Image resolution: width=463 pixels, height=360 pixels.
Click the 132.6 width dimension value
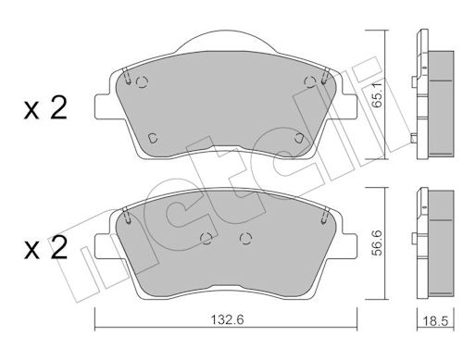[227, 320]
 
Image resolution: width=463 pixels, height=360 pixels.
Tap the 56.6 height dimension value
[377, 243]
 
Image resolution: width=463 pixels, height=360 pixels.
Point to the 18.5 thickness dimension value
[435, 321]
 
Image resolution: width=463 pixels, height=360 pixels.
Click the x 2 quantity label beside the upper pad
[45, 107]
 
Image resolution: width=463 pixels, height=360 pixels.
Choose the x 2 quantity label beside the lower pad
[45, 247]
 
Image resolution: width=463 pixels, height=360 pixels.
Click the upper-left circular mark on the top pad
[142, 82]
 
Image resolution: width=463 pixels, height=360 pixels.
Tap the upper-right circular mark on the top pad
[310, 81]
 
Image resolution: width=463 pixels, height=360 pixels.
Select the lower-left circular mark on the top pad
[153, 138]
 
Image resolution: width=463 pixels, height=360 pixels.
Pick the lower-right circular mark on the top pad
[299, 138]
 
